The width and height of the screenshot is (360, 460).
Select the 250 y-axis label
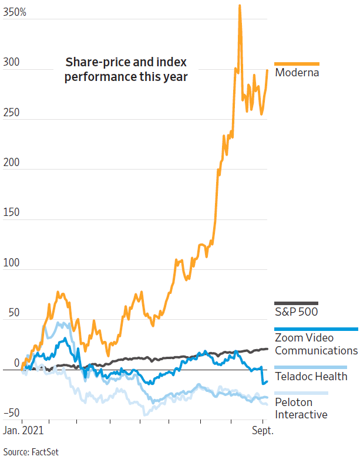(11, 111)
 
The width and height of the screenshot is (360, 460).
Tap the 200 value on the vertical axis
(11, 162)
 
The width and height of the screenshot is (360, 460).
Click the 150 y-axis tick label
(11, 212)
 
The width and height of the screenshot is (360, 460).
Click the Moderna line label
(297, 73)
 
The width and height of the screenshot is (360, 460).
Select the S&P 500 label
(297, 312)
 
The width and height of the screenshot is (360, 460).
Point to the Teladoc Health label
(311, 376)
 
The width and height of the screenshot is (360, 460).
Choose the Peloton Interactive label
(301, 408)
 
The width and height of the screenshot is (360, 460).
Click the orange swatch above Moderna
(297, 63)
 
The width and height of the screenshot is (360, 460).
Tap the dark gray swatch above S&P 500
(297, 302)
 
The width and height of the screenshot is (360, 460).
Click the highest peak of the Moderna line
(240, 6)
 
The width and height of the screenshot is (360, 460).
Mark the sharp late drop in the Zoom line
(263, 382)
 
